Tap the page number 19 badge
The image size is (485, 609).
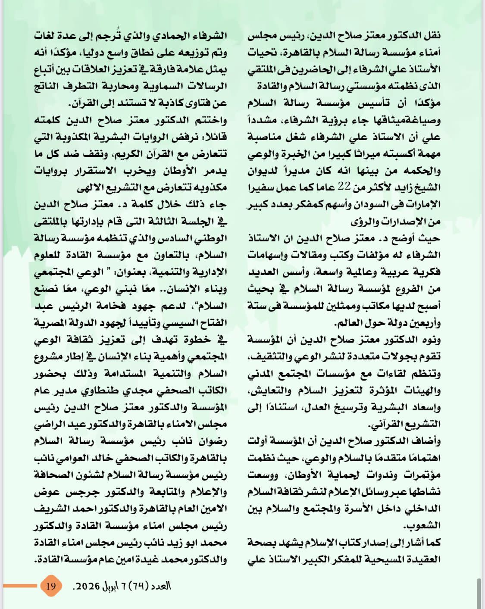pos(51,586)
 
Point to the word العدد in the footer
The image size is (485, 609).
pos(160,586)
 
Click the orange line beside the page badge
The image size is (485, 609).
pos(20,586)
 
